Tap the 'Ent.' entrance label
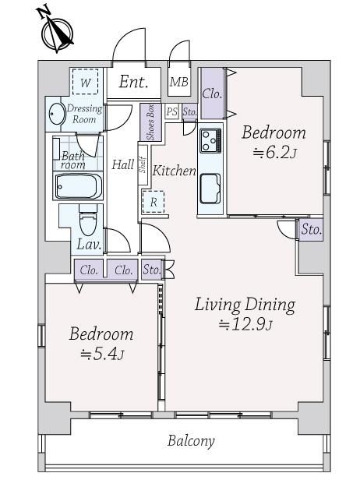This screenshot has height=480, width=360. point(133,82)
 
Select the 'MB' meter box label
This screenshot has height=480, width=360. point(179,82)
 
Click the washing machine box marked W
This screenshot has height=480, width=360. point(86,81)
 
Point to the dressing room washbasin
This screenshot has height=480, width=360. point(57,114)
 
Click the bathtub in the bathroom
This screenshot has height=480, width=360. point(78,186)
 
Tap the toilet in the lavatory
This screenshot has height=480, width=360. point(88,221)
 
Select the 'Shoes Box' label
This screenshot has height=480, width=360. point(150,122)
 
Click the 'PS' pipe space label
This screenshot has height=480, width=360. point(171,111)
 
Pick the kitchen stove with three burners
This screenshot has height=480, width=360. point(210,141)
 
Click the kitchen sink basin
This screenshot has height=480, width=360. point(210,189)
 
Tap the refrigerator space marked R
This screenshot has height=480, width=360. point(154,202)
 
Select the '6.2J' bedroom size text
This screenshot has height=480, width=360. point(274,152)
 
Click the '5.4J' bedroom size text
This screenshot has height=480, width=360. point(102,354)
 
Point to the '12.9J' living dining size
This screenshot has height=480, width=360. point(245,324)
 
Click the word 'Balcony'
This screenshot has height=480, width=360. point(191,441)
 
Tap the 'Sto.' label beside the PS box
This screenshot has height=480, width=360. point(189,111)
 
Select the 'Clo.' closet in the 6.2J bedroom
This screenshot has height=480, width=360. point(212,94)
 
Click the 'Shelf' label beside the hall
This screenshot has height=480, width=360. point(143,164)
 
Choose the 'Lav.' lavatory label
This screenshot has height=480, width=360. point(89,244)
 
